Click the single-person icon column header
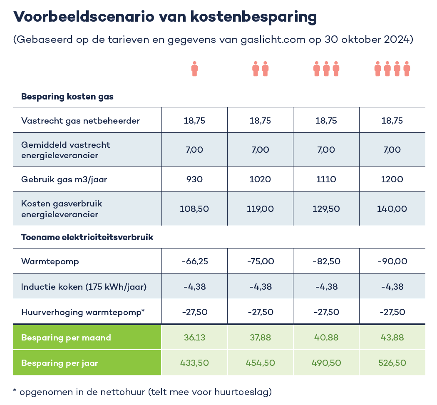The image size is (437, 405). (x=194, y=69)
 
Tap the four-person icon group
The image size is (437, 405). (x=392, y=69)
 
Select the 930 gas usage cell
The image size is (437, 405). (x=194, y=179)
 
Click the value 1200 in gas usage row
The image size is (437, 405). (x=392, y=179)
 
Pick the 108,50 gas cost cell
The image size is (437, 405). (x=194, y=209)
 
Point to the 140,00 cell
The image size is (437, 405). (x=392, y=209)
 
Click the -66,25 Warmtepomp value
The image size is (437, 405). (x=194, y=261)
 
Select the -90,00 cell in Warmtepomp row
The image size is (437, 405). (x=392, y=261)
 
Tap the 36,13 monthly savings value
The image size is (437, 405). (x=194, y=337)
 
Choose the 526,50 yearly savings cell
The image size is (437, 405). (x=392, y=363)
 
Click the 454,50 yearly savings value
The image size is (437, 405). (x=260, y=363)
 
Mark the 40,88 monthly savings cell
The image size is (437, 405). (x=326, y=337)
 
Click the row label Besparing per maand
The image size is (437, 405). (x=66, y=337)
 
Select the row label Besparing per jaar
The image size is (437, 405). (x=60, y=363)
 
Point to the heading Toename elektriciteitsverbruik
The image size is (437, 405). (x=87, y=238)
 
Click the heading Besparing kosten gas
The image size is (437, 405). (x=67, y=97)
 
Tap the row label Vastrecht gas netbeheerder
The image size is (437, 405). (x=80, y=121)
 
